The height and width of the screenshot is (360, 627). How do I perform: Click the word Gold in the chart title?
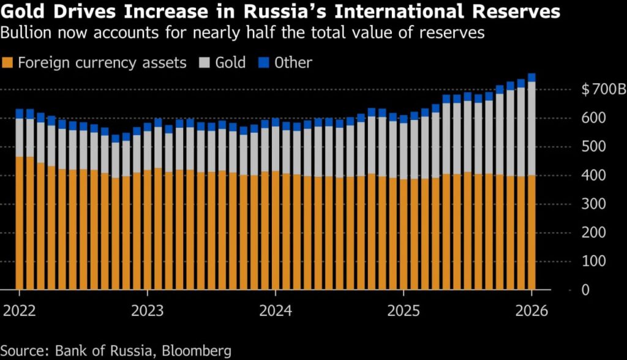tap(24, 11)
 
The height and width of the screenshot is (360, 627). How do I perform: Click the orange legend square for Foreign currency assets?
tap(8, 62)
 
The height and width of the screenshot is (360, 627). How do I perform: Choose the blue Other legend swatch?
tap(265, 62)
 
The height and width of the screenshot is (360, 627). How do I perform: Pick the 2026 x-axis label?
tap(531, 310)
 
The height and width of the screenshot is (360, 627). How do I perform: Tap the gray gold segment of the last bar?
tap(531, 129)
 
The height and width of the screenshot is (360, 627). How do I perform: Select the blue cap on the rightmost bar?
tap(531, 77)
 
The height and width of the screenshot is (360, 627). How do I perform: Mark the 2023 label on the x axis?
tap(147, 310)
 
